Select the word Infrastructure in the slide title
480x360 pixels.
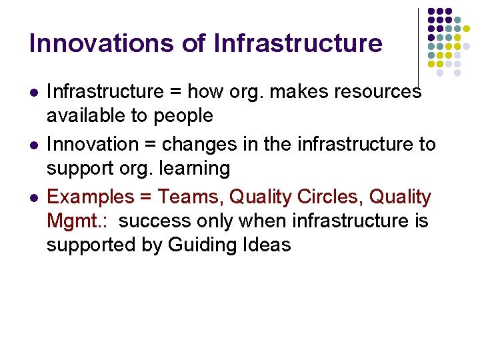click(298, 43)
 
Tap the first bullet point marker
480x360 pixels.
click(33, 91)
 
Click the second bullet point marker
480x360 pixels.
click(33, 145)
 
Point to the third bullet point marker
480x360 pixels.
click(33, 198)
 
